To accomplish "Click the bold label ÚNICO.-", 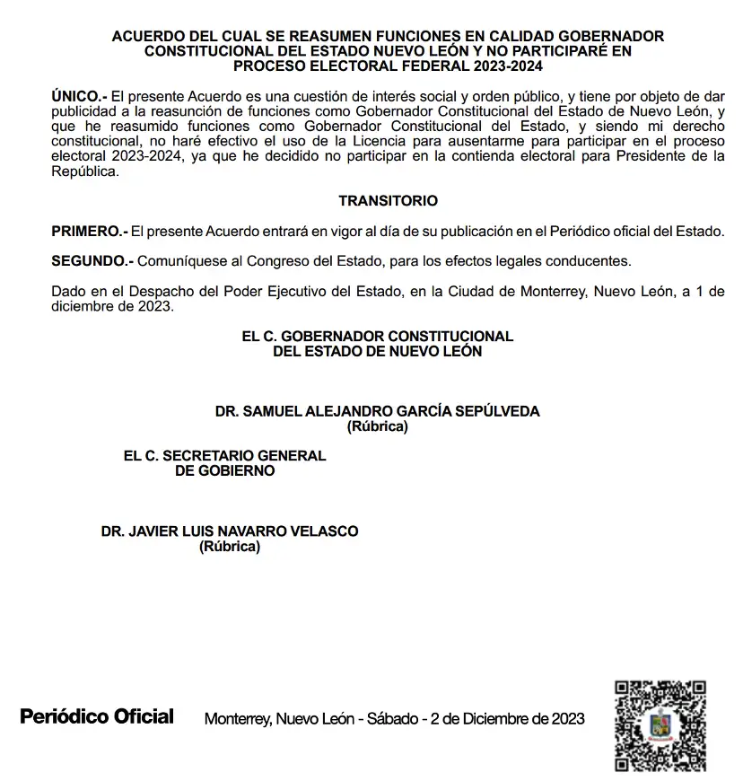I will [79, 94].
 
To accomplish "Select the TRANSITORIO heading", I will [388, 201].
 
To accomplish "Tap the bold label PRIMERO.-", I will [90, 231].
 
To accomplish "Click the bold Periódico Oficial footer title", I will [97, 716].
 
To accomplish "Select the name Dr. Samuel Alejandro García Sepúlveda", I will [377, 411].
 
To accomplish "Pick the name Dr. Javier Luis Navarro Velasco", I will [229, 531].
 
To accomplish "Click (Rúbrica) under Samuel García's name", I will [377, 426].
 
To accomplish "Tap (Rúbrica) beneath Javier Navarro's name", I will [229, 547].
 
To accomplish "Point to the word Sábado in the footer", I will [392, 719].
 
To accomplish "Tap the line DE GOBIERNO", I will [224, 470].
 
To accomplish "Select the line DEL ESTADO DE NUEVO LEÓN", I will [377, 351].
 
